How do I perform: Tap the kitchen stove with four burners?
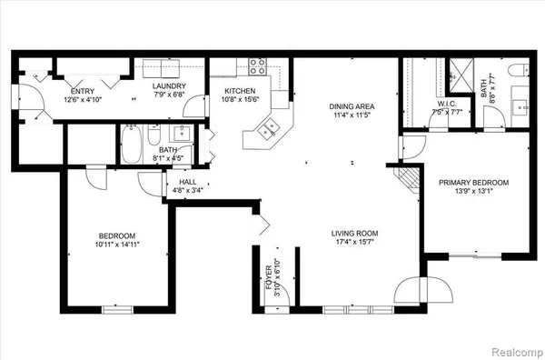tap(257, 66)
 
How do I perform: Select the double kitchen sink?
tap(266, 129)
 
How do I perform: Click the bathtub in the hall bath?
tap(131, 145)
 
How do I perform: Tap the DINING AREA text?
tap(352, 106)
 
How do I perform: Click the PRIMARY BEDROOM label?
tap(473, 182)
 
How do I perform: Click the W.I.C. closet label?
tap(421, 104)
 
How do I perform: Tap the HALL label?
tap(188, 182)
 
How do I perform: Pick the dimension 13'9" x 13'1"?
tap(473, 192)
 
